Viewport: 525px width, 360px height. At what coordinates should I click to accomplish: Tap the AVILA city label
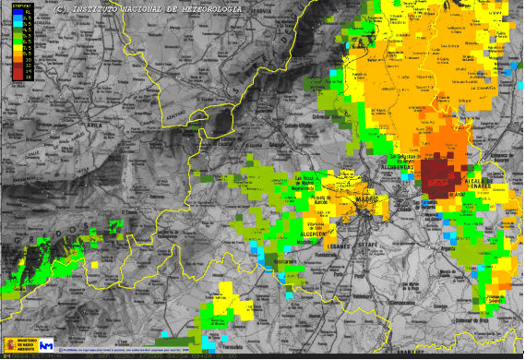coord(69,128)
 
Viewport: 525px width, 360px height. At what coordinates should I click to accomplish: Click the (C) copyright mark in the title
coord(61,8)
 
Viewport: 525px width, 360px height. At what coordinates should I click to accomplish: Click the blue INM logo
coord(47,345)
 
